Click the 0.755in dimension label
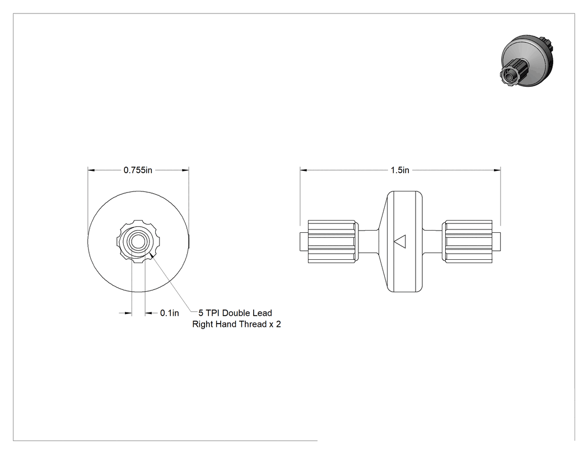[x=138, y=170]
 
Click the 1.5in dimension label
[x=400, y=170]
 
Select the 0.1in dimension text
[x=170, y=313]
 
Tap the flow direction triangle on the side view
[x=400, y=241]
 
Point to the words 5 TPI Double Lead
[x=235, y=313]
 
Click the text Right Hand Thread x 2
[x=237, y=324]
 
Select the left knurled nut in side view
[x=332, y=241]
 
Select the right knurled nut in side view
[x=467, y=241]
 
